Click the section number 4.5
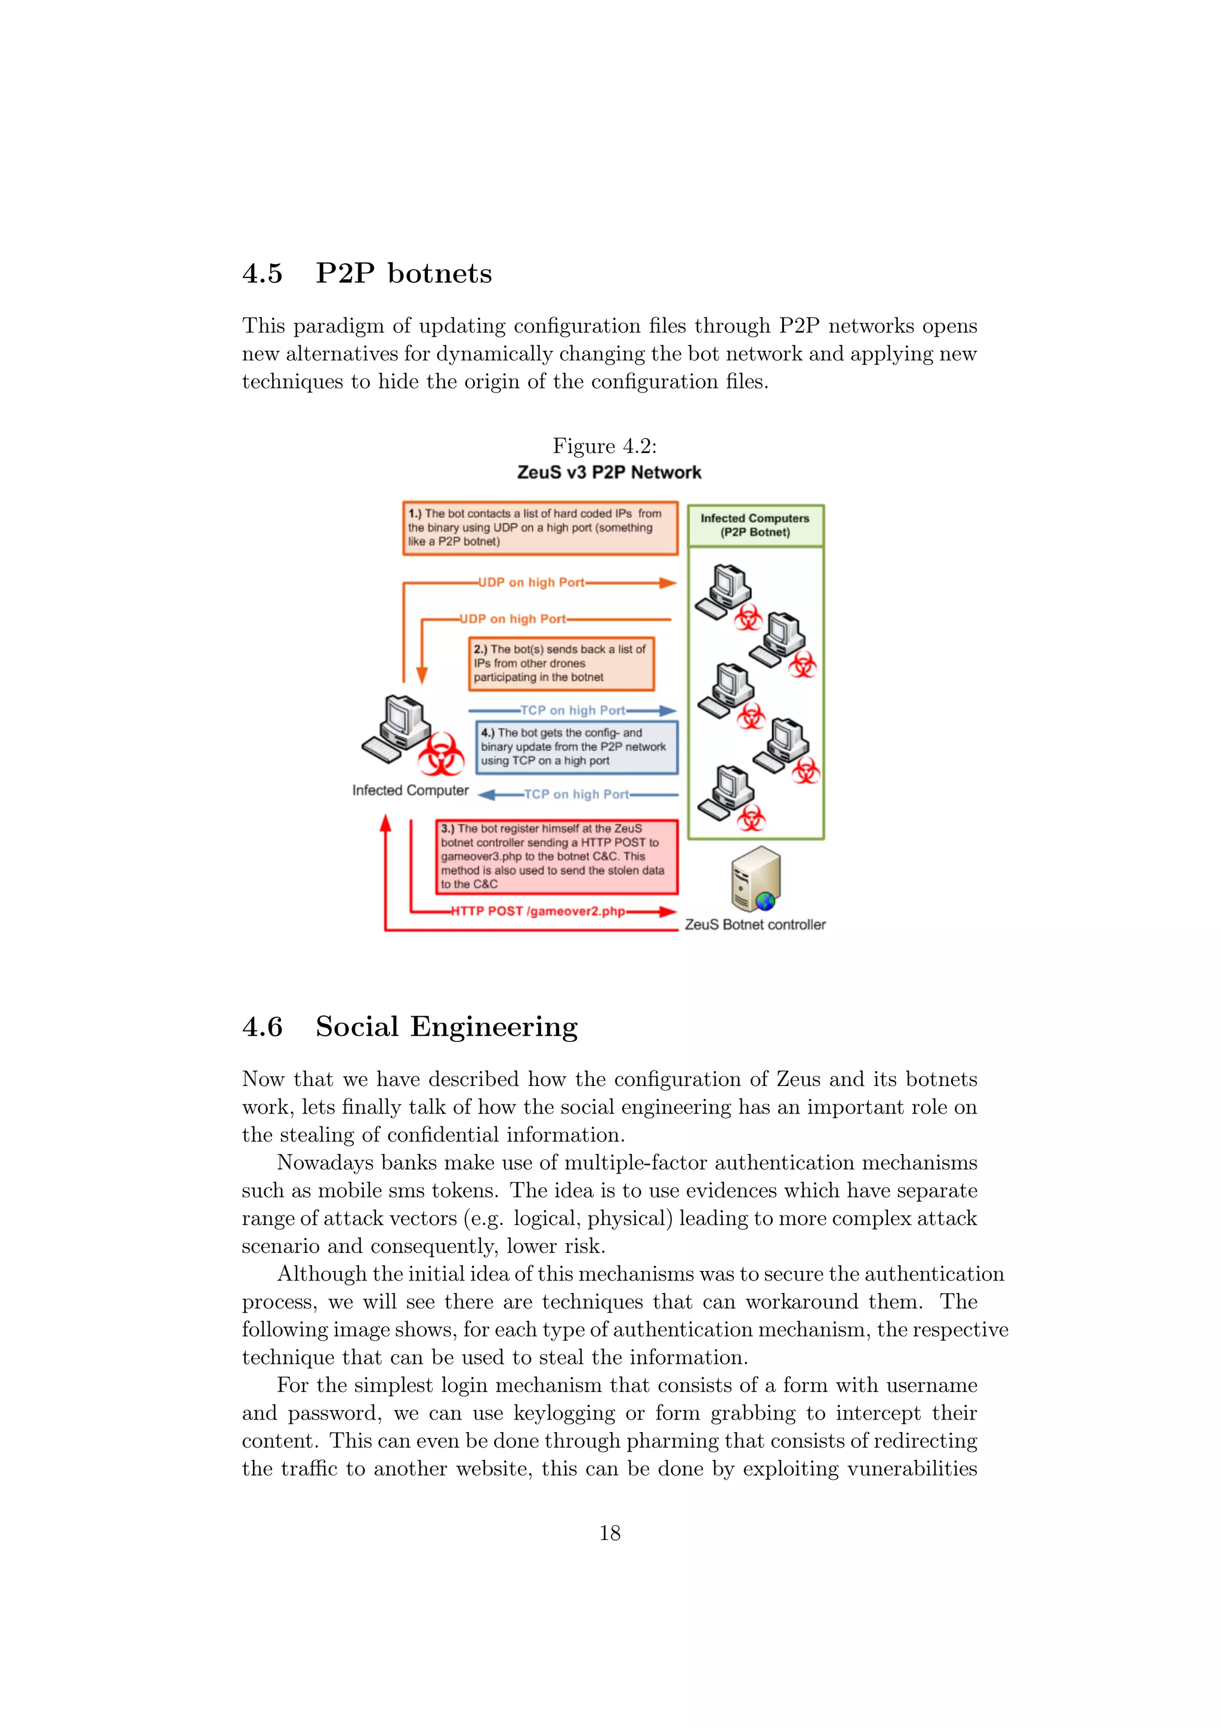point(262,273)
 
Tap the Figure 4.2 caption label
point(604,446)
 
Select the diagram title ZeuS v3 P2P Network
point(609,472)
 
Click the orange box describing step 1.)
point(539,527)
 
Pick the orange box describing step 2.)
point(561,663)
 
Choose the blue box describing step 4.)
point(576,746)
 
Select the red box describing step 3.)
point(556,856)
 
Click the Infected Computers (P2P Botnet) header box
point(755,524)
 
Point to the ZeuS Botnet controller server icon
point(755,878)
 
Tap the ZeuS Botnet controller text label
point(755,924)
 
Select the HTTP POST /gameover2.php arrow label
point(538,911)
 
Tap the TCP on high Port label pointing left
point(576,794)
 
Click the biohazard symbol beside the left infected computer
point(441,754)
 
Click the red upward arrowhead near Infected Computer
point(385,823)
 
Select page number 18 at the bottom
point(609,1533)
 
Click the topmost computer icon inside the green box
point(724,588)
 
